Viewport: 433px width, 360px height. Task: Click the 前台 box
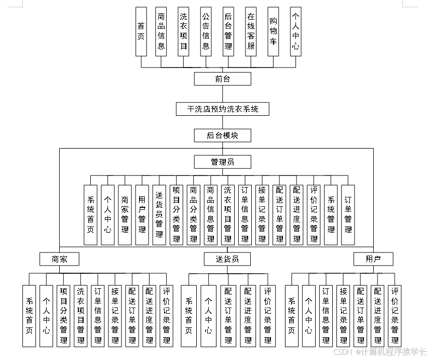[223, 79]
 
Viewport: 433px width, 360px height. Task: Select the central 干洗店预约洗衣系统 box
[223, 109]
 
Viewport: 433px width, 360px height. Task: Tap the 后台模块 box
[223, 136]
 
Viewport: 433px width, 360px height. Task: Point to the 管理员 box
[223, 162]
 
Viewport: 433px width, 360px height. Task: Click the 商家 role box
[60, 259]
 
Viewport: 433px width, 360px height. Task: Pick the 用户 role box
[373, 259]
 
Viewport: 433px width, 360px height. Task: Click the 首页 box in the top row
[141, 31]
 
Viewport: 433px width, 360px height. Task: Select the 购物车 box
[273, 31]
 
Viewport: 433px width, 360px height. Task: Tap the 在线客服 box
[251, 31]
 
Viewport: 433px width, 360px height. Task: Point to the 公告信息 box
[206, 31]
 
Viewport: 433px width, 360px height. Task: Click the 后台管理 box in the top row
[228, 31]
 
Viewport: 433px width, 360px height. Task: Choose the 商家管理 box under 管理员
[125, 215]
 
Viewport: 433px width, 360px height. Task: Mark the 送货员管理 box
[159, 215]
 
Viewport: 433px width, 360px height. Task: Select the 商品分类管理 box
[193, 215]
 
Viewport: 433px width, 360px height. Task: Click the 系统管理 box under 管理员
[331, 215]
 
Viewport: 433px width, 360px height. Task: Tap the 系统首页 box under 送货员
[189, 315]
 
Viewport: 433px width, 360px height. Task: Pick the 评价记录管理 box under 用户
[395, 315]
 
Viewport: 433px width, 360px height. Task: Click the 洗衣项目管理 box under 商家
[80, 315]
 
